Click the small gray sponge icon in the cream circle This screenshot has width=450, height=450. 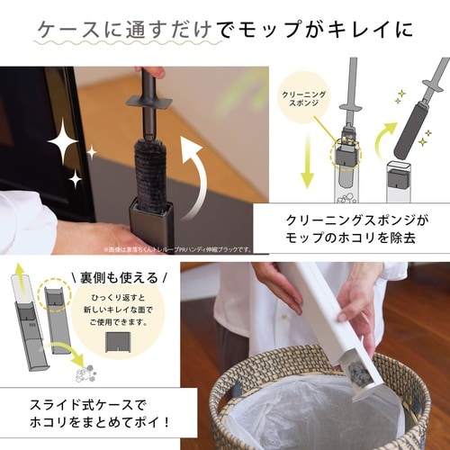(x=117, y=344)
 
